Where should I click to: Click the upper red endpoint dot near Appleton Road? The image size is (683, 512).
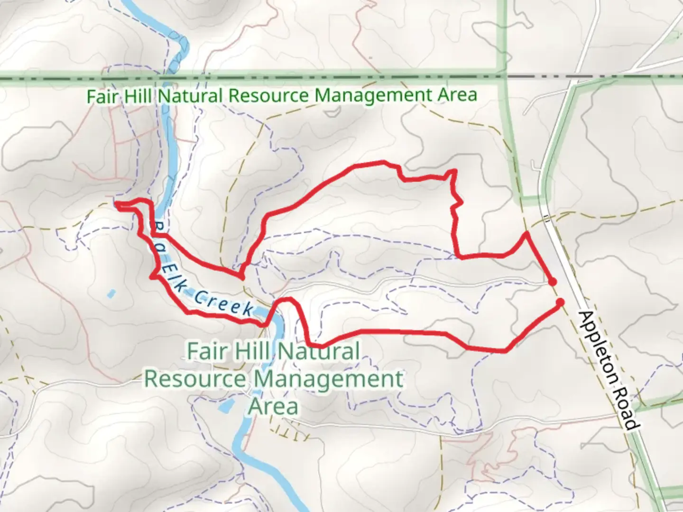[x=552, y=282]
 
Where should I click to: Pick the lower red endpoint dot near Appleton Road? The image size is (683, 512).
[x=560, y=302]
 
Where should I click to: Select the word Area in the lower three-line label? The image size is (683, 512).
[x=274, y=406]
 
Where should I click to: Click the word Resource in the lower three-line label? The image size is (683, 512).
[x=195, y=379]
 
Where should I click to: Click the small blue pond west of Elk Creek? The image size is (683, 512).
[x=111, y=294]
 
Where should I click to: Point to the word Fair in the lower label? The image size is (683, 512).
[x=205, y=352]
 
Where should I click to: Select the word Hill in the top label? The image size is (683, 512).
[x=138, y=96]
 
